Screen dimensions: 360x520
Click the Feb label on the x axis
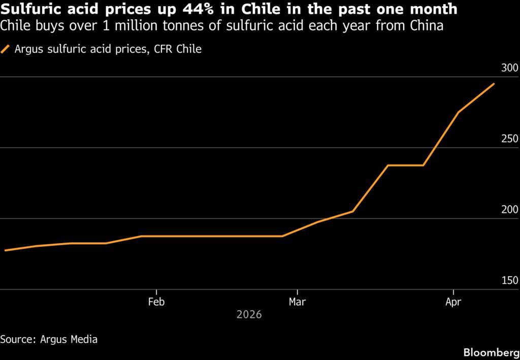(156, 301)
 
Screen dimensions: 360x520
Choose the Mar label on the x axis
(297, 301)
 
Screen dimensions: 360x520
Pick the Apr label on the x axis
(453, 301)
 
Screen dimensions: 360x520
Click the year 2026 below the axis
(249, 315)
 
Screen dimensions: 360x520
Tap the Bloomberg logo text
(491, 352)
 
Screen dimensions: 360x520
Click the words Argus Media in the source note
(69, 339)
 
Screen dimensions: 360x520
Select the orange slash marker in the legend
(6, 49)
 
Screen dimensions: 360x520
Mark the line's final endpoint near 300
(494, 84)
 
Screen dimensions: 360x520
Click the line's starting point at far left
(5, 250)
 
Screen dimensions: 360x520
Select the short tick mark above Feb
(156, 292)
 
